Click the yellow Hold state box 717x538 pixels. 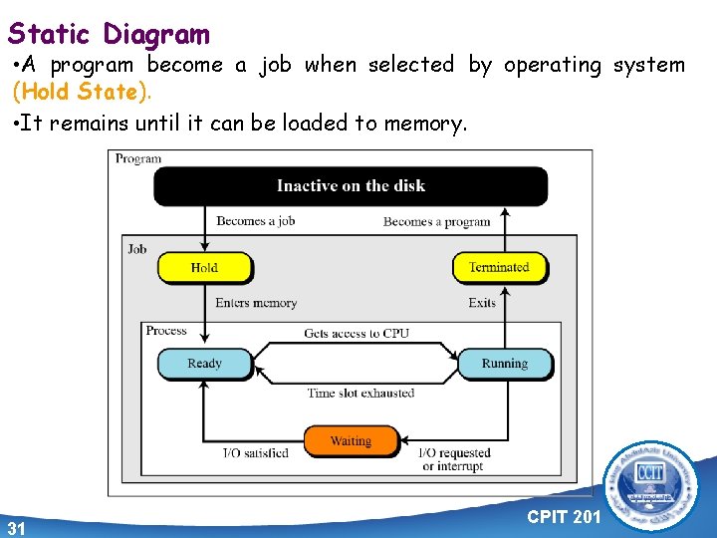point(204,267)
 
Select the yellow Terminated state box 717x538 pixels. point(499,267)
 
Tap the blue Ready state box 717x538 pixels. point(204,364)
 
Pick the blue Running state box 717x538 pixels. point(504,364)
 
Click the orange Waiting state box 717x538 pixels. point(351,440)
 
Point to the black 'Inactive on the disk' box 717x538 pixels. point(351,185)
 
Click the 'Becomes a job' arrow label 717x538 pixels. point(256,221)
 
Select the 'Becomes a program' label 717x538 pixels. point(436,221)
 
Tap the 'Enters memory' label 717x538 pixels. point(256,303)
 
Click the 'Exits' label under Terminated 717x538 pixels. point(482,303)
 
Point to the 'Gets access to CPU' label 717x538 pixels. point(357,333)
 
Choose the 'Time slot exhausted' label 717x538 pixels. point(360,393)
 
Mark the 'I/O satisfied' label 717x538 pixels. point(255,453)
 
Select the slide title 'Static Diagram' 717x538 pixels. point(109,35)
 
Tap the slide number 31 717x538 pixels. point(16,527)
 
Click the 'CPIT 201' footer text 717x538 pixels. point(564,517)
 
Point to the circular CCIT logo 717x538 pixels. point(653,487)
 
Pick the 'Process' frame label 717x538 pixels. point(166,331)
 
